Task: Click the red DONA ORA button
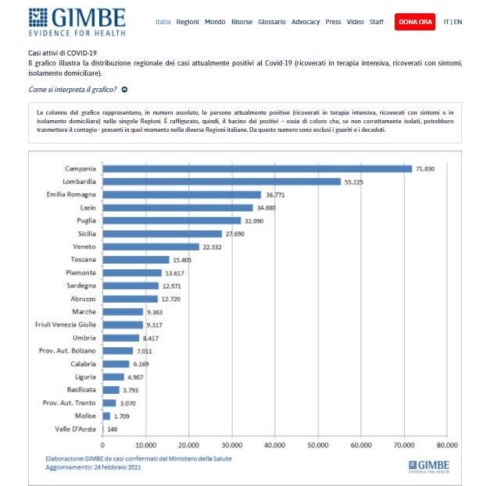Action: click(x=416, y=22)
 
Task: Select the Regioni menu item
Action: click(x=188, y=22)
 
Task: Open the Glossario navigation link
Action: click(x=271, y=22)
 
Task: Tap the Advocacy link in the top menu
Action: click(x=306, y=22)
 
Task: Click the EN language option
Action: click(x=458, y=22)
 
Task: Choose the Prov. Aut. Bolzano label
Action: click(x=68, y=351)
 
